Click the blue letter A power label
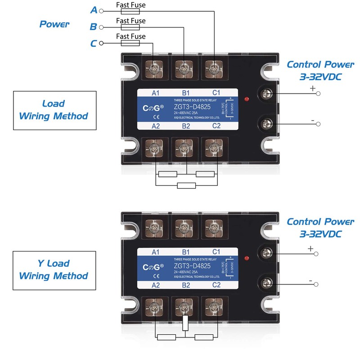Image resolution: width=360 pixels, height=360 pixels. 94,10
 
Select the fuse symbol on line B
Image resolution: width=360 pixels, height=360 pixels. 130,27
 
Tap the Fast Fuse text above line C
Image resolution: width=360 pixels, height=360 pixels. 130,36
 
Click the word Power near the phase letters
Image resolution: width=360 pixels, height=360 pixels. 54,24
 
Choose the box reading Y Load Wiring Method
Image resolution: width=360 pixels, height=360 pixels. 54,270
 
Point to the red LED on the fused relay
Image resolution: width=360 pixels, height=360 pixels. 246,99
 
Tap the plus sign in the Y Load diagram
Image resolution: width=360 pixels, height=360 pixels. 310,248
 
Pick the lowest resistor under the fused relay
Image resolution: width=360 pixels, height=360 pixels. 186,185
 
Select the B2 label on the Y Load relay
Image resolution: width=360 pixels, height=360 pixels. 185,285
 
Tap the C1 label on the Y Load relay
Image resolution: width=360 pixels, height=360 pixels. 216,252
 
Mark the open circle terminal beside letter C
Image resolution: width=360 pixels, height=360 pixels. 101,43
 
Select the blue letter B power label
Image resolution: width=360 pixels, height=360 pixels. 94,27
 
